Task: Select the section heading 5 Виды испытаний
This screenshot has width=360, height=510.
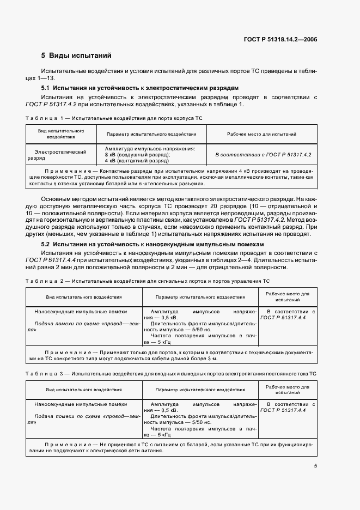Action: point(76,56)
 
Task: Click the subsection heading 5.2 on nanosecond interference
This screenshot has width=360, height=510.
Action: point(152,245)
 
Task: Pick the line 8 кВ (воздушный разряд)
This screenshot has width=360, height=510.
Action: point(137,155)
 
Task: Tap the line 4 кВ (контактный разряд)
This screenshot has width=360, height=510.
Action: point(136,161)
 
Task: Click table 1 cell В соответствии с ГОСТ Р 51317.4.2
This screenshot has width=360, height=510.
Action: point(263,155)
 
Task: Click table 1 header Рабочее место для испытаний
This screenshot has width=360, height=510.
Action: point(261,134)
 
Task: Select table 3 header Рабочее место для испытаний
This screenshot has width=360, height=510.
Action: point(287,390)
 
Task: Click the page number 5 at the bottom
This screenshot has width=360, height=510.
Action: point(315,466)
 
